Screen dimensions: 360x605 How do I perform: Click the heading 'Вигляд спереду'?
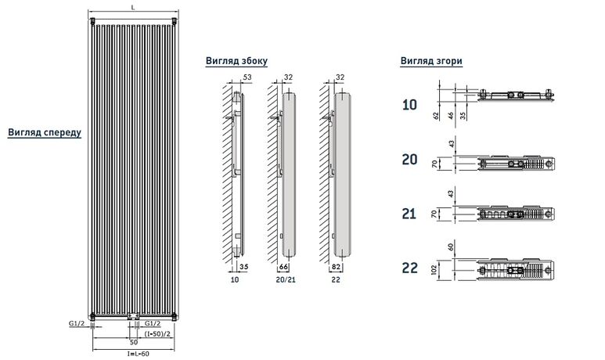pos(45,132)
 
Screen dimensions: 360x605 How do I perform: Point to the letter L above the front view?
pos(133,7)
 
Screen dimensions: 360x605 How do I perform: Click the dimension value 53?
pos(247,77)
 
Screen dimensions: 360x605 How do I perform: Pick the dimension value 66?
pos(283,268)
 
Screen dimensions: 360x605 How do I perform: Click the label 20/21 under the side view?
pos(286,279)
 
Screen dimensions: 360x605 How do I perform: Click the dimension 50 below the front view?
pos(133,342)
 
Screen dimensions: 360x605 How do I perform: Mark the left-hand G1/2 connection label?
pos(76,322)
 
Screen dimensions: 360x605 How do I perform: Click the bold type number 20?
pos(409,160)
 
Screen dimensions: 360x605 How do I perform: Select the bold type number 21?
pos(409,214)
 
